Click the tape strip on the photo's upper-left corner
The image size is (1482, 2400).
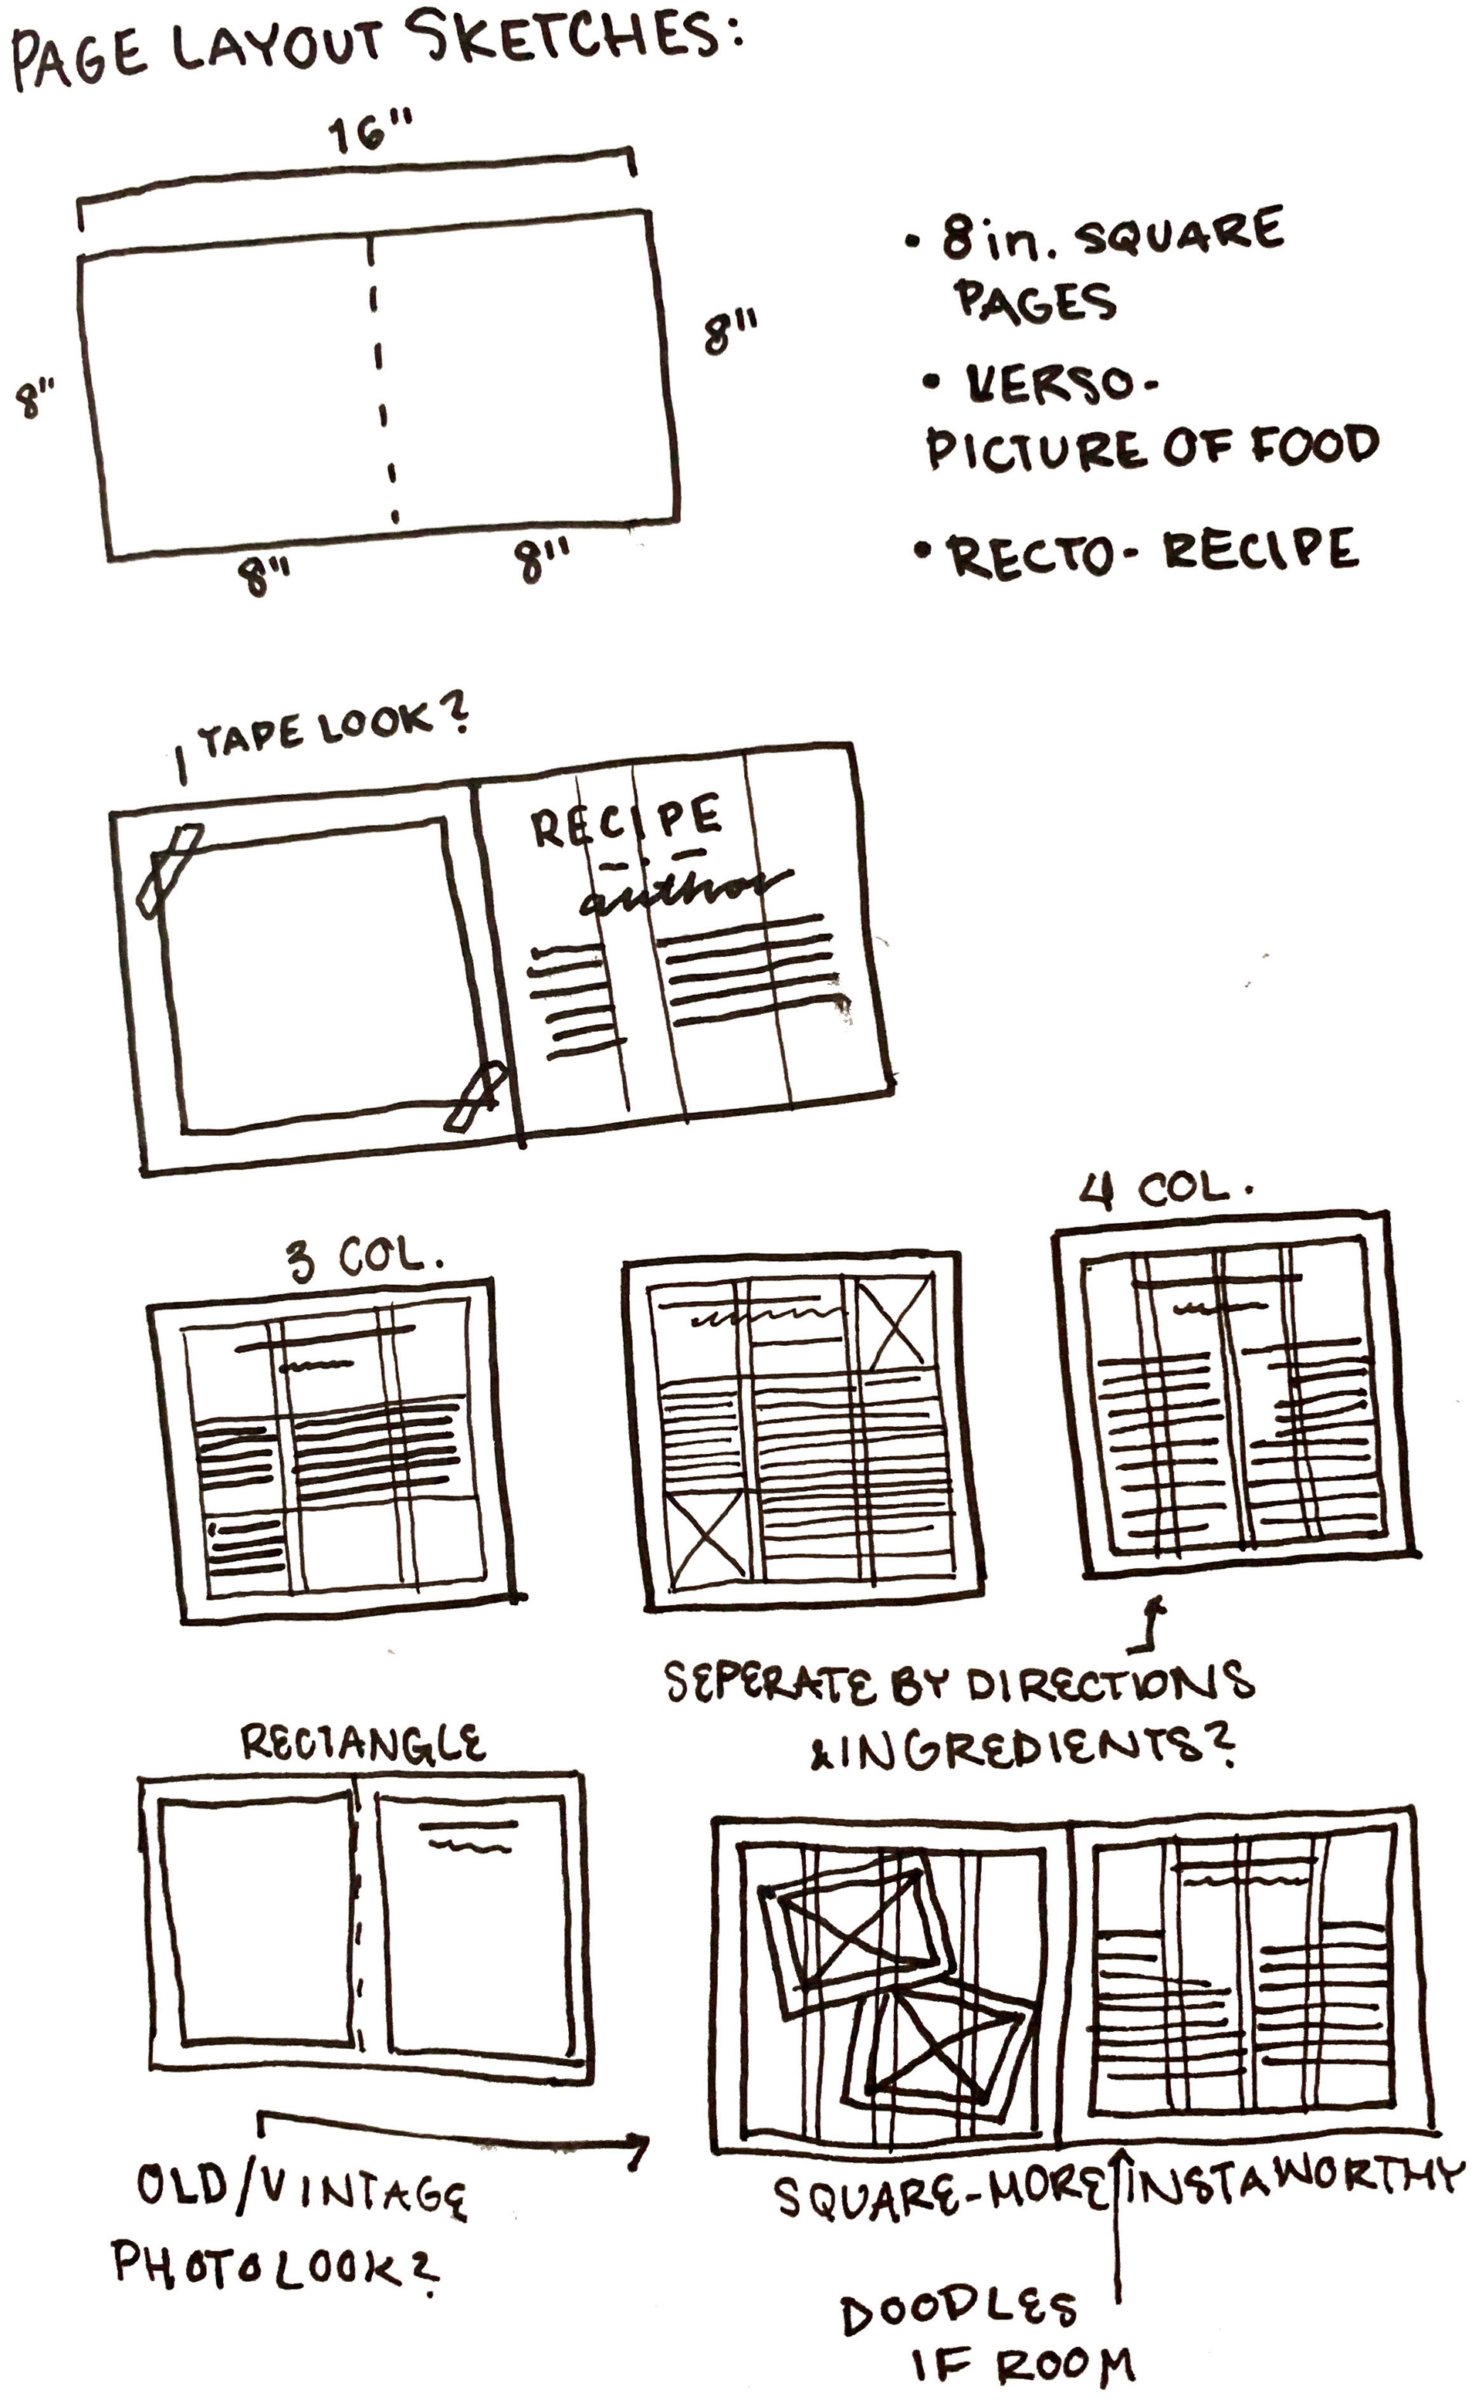click(170, 870)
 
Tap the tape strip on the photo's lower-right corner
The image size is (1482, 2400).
click(477, 1096)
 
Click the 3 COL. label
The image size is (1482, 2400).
click(364, 1257)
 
